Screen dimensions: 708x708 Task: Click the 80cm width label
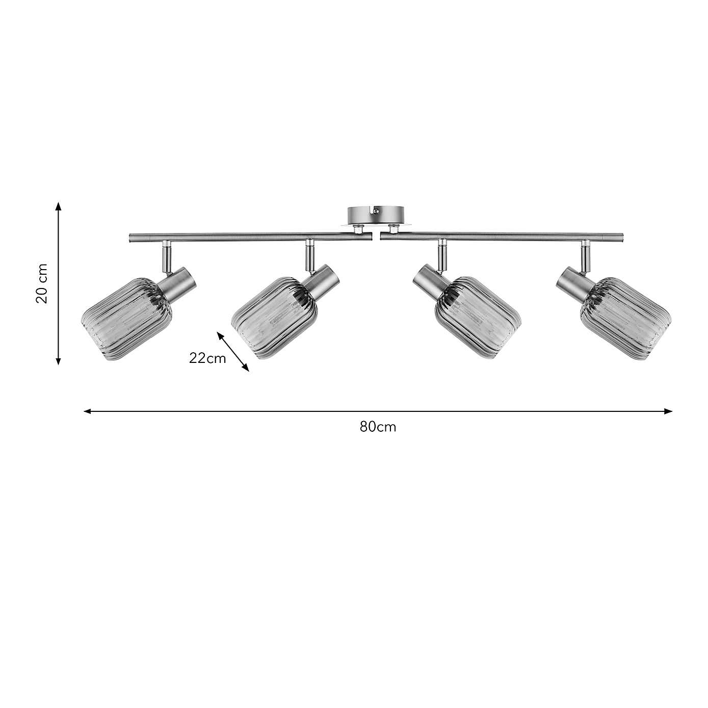[x=378, y=427]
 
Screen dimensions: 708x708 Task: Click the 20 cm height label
[x=42, y=283]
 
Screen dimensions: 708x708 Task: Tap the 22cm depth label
[x=207, y=358]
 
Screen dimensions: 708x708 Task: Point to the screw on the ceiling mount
[x=376, y=211]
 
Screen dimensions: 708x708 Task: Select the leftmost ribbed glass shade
[x=126, y=318]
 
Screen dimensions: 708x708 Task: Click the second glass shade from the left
[x=274, y=318]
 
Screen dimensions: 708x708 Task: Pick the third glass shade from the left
[x=478, y=318]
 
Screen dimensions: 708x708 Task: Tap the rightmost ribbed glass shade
[x=626, y=318]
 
